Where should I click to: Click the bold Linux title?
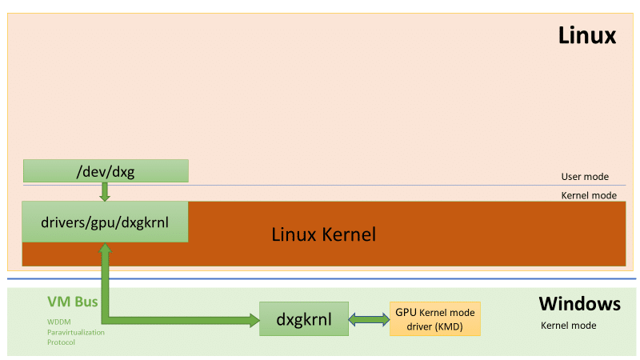click(x=586, y=36)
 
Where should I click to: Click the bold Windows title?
click(x=579, y=304)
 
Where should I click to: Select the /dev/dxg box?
click(x=105, y=170)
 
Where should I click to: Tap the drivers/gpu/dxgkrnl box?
click(x=105, y=221)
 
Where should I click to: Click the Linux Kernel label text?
click(x=323, y=234)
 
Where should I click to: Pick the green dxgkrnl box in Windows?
click(x=304, y=319)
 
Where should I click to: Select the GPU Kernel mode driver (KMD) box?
click(x=435, y=318)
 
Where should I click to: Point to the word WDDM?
click(x=59, y=322)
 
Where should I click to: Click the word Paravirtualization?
click(x=75, y=332)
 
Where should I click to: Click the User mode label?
click(x=585, y=177)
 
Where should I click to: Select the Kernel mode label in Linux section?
click(x=588, y=195)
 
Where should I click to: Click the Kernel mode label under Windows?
click(x=568, y=326)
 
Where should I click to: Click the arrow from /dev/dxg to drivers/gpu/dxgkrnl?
click(x=105, y=191)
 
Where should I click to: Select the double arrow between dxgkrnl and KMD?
click(x=369, y=319)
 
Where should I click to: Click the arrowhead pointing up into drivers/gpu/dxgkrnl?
click(x=105, y=250)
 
